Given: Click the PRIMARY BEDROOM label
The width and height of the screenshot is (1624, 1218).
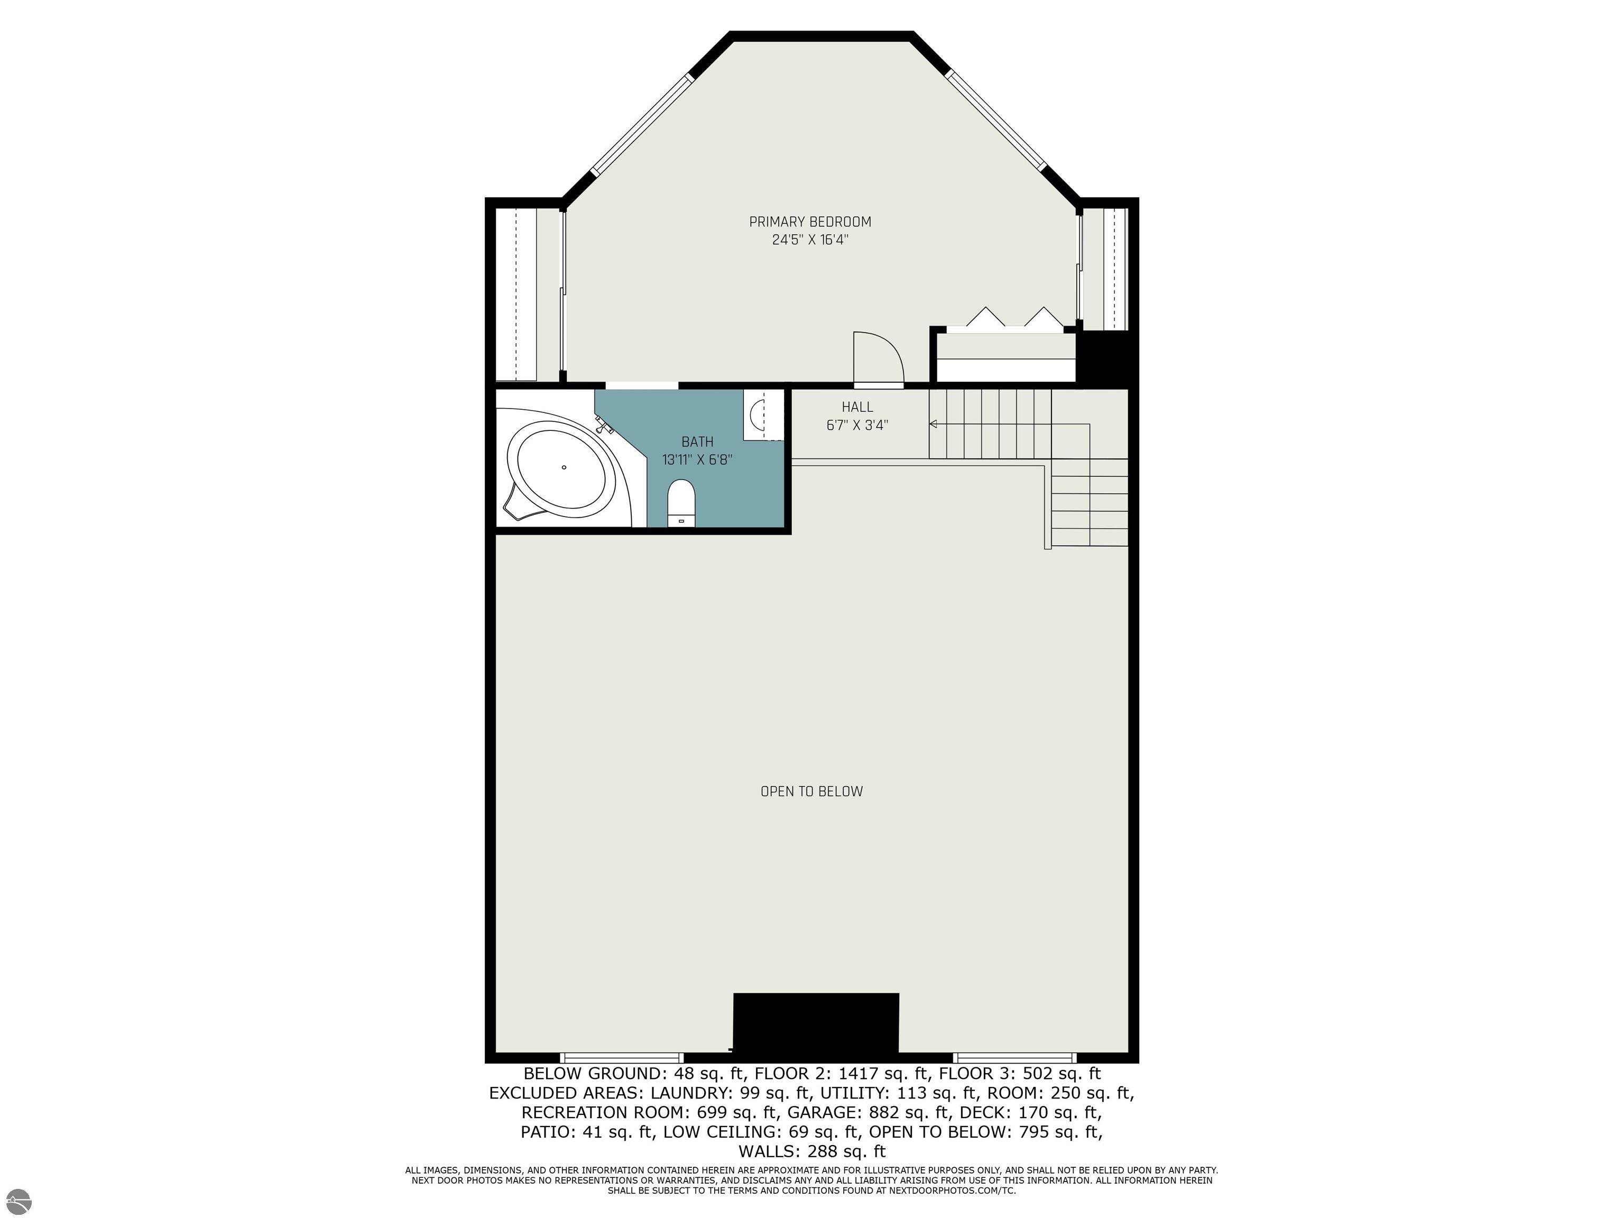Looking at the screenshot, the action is [x=810, y=222].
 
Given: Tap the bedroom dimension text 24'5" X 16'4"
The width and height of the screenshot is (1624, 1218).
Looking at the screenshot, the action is [x=810, y=240].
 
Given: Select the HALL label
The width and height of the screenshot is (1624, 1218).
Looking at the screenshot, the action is [x=857, y=407].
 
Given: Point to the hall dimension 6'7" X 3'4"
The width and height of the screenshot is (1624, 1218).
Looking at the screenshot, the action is [x=857, y=425].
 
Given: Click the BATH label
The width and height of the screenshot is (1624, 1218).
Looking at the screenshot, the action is [x=697, y=442].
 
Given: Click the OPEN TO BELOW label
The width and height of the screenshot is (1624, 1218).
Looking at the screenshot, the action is [x=811, y=791].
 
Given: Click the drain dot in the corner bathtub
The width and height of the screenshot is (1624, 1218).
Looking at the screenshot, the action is [x=564, y=467].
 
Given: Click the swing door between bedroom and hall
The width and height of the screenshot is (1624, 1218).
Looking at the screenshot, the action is [x=879, y=358].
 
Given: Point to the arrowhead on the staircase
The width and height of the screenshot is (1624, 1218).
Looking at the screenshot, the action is [x=933, y=423].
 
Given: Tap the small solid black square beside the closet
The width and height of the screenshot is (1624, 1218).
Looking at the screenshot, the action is [x=1106, y=357].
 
